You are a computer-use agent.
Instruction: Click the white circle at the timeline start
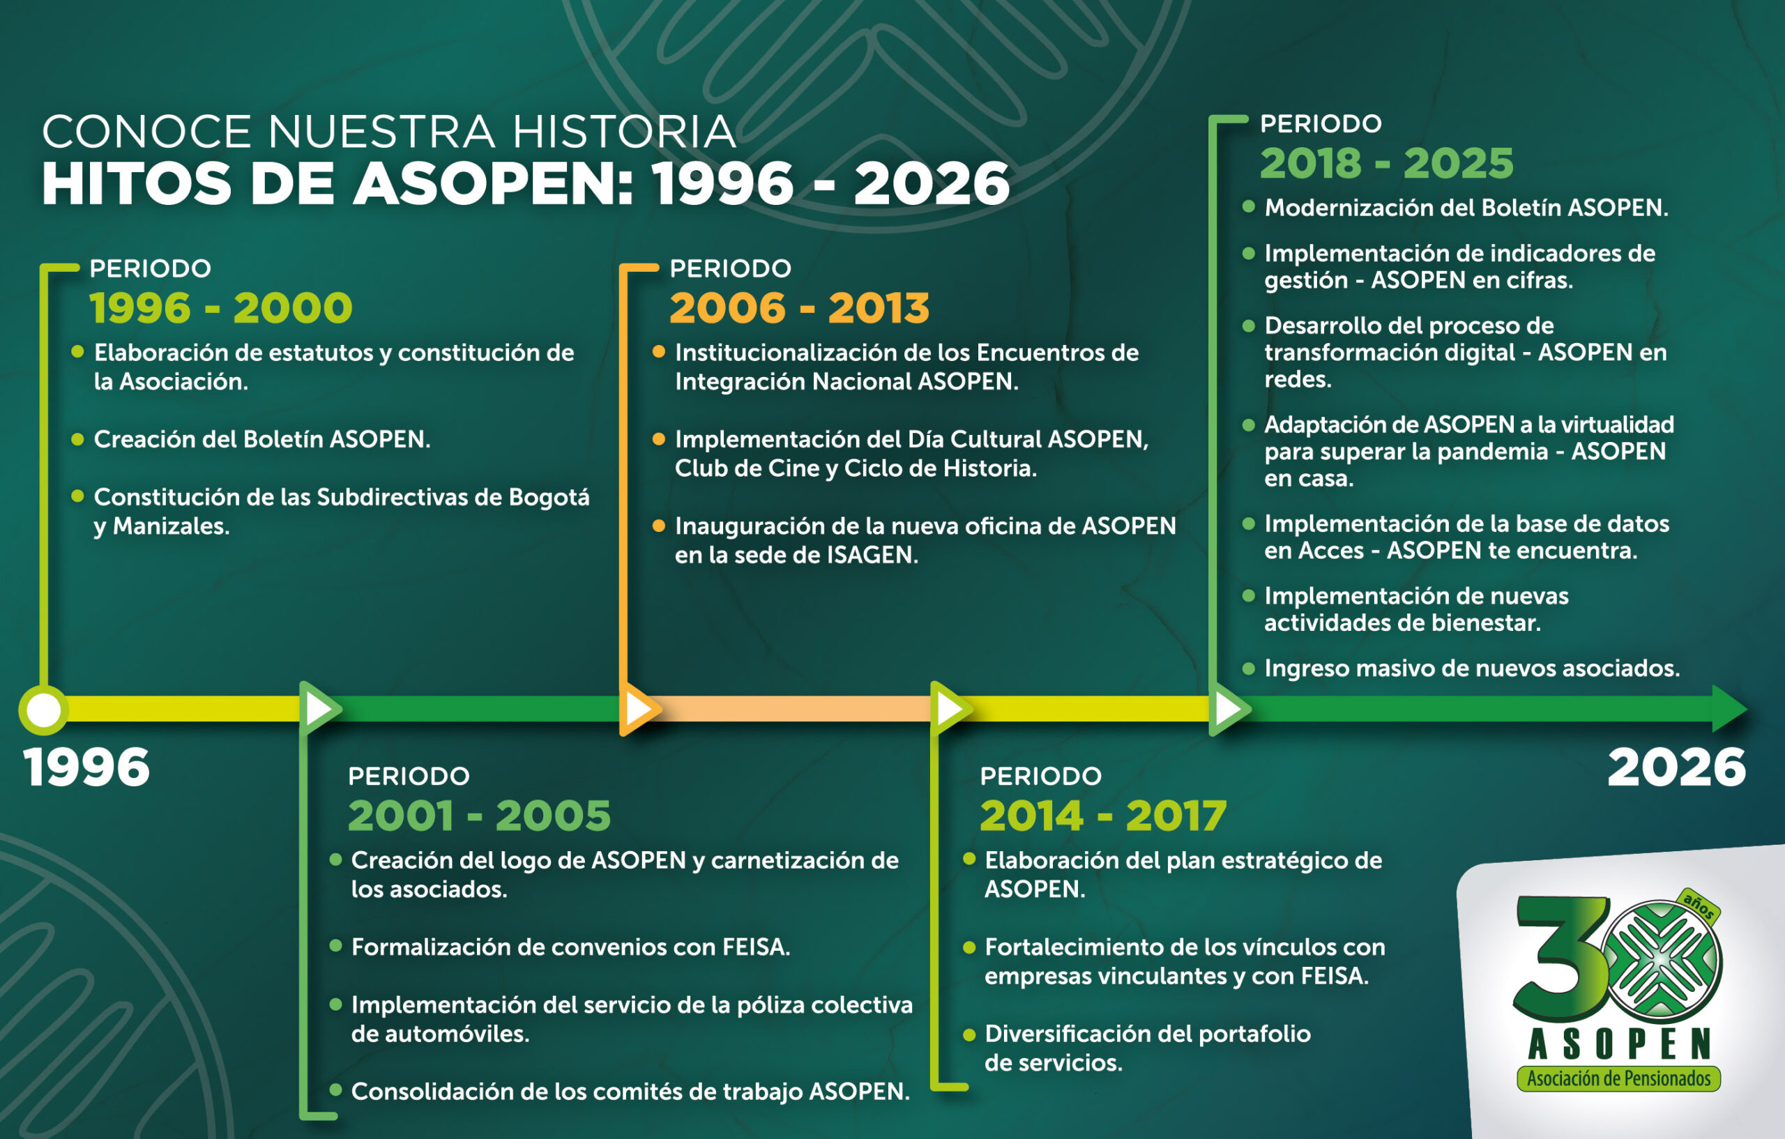tap(44, 709)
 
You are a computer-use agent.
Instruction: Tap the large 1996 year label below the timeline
tap(86, 767)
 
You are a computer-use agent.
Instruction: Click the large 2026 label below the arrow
tap(1676, 767)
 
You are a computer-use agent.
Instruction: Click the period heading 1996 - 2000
tap(220, 307)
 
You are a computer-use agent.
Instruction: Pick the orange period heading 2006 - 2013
tap(799, 307)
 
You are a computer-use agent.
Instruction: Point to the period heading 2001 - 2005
tap(479, 815)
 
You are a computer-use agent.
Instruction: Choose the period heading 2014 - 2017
tap(1103, 815)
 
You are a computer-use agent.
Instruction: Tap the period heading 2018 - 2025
tap(1386, 163)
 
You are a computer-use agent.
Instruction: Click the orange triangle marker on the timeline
tap(637, 709)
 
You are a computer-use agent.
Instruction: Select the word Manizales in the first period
tap(172, 526)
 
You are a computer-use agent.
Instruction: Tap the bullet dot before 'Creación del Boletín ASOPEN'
tap(77, 438)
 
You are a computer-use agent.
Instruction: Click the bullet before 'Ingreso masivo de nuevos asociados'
tap(1248, 668)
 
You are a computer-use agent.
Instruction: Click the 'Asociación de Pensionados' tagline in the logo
tap(1619, 1078)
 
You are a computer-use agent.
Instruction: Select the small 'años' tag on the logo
tap(1699, 906)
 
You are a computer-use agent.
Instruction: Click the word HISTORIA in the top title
tap(624, 131)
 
